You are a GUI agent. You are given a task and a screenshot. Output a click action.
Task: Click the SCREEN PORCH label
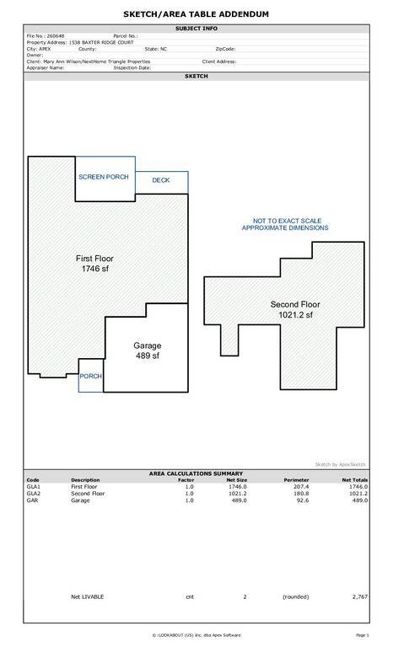point(104,177)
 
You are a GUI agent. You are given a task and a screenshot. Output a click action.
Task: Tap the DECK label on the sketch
point(161,180)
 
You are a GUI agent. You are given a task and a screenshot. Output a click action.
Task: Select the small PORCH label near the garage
point(90,377)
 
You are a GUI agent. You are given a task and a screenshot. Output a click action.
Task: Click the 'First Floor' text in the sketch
point(94,259)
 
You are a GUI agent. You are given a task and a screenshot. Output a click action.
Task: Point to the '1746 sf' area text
point(95,269)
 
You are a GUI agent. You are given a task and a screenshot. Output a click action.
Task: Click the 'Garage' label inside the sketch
point(147,345)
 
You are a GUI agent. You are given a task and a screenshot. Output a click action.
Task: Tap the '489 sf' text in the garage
point(148,356)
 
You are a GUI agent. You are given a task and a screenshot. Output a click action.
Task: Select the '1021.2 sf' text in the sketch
point(295,315)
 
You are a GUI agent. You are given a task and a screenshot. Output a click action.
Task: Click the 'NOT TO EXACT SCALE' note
point(288,222)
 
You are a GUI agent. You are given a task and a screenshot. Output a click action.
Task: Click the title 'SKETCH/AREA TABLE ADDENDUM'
point(196,14)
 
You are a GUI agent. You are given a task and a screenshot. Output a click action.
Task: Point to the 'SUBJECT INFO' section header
point(196,29)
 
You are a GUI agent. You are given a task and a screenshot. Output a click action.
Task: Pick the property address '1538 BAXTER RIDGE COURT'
point(101,42)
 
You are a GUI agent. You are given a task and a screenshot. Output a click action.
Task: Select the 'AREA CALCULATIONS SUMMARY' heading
point(196,473)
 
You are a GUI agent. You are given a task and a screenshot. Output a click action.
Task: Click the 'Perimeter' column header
point(296,480)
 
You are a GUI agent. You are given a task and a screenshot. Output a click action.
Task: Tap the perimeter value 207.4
point(301,487)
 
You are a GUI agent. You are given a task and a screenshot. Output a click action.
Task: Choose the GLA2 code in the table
point(34,494)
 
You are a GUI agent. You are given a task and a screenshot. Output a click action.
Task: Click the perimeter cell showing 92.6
point(303,500)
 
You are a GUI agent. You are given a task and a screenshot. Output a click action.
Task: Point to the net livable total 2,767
point(360,597)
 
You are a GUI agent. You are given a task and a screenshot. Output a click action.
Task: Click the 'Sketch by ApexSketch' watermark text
point(340,465)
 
